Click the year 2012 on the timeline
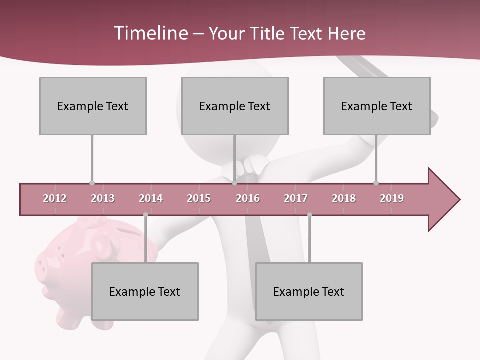click(55, 198)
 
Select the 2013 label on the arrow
click(103, 198)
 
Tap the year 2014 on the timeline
click(151, 198)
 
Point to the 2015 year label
click(199, 198)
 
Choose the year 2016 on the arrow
click(248, 198)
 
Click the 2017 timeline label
click(296, 198)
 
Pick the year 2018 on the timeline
click(344, 198)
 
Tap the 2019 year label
click(392, 198)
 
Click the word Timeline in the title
click(150, 33)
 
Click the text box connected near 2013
click(93, 106)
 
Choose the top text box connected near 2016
click(235, 106)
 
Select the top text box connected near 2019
click(377, 106)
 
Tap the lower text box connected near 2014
click(145, 291)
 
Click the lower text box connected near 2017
click(309, 291)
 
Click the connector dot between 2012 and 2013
click(92, 183)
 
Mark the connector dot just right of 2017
click(309, 215)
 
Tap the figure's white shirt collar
click(252, 166)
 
